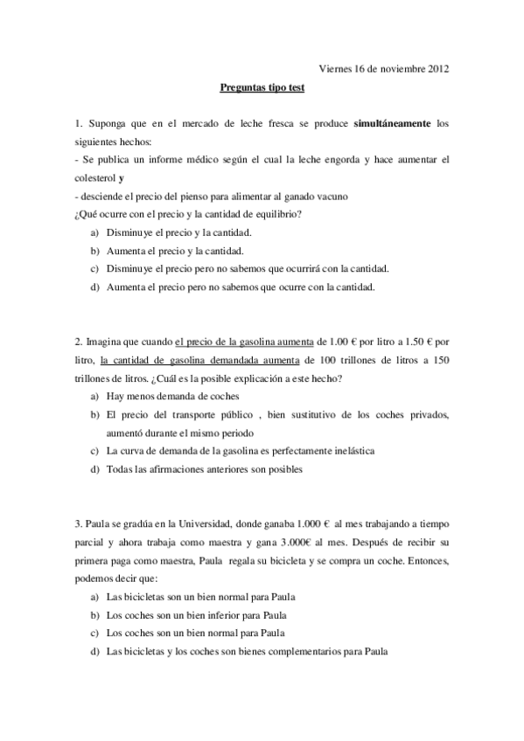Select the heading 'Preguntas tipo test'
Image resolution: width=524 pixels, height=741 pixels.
tap(262, 87)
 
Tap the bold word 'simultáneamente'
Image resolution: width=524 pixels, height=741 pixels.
tap(392, 124)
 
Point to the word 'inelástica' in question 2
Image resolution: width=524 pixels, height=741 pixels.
tap(345, 451)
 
